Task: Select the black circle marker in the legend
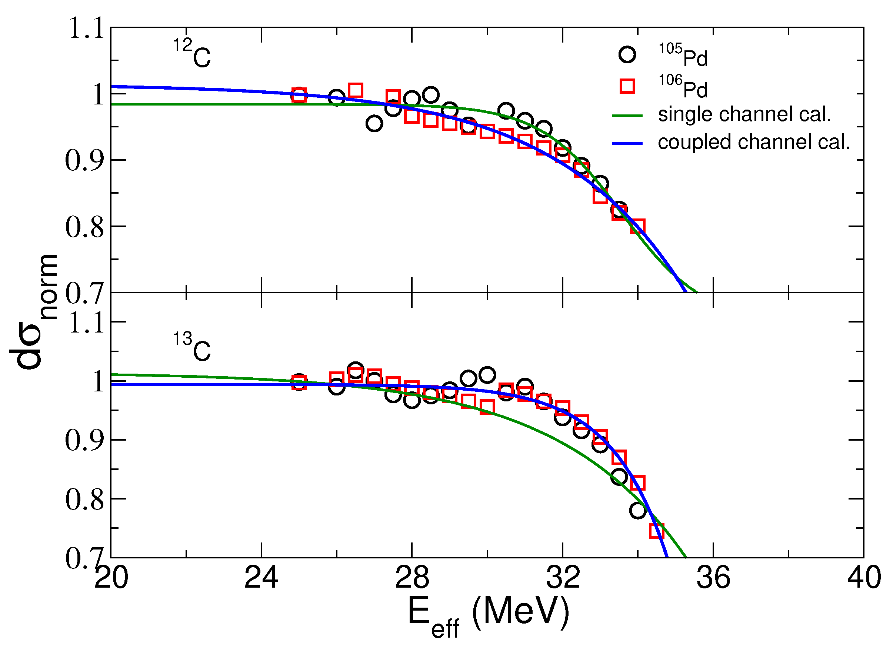pos(627,54)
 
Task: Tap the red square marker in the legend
pos(627,86)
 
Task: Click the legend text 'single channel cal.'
pos(744,114)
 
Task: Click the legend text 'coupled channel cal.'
pos(754,143)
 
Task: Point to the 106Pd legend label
pos(683,87)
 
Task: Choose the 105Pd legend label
pos(683,55)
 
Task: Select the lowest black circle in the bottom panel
pos(637,511)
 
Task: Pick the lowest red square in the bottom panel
pos(656,531)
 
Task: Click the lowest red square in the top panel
pos(637,227)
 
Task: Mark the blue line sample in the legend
pos(627,144)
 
